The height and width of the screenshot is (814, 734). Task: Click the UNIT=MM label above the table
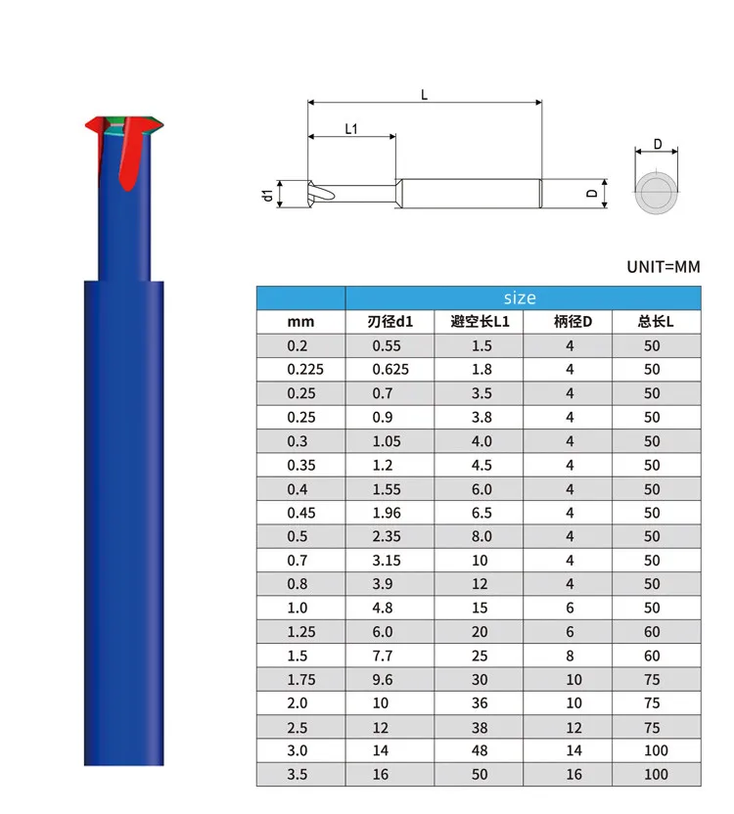[664, 267]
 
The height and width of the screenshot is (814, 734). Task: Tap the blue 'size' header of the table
[520, 298]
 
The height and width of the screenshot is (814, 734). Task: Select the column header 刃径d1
[390, 322]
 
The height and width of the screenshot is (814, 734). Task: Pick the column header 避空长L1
[480, 322]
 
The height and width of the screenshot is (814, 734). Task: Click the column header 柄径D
[573, 322]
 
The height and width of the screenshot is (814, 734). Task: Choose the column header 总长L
[656, 322]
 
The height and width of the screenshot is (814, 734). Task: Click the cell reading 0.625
[390, 370]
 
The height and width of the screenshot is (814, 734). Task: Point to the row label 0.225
[305, 370]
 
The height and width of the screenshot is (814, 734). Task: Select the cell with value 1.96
[387, 513]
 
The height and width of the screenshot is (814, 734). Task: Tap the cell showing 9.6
[383, 680]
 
